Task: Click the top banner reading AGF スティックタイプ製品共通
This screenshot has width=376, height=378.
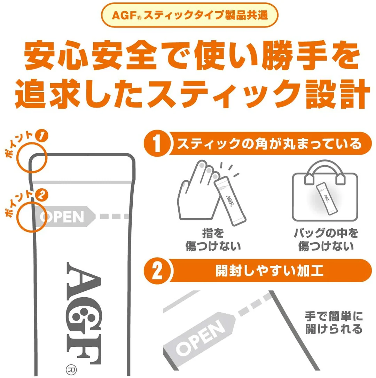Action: (189, 16)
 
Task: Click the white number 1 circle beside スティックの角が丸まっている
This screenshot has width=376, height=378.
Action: (157, 144)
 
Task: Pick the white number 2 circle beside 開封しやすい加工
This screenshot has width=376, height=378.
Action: (157, 271)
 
